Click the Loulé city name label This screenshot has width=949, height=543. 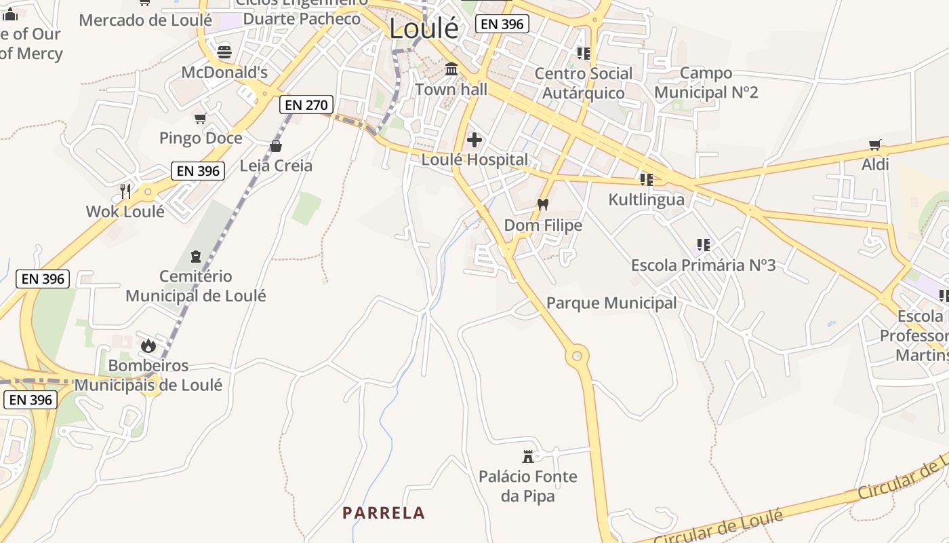click(424, 29)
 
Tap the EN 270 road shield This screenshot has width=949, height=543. click(306, 105)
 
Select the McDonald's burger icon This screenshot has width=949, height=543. click(224, 52)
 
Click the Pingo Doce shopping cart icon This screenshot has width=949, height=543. click(200, 119)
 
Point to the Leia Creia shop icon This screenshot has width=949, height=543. click(276, 146)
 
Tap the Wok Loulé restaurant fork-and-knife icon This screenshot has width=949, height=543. click(125, 191)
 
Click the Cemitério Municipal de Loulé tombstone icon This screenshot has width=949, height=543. click(196, 257)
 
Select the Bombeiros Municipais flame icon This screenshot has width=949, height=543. click(148, 345)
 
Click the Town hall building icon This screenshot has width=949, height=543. click(451, 69)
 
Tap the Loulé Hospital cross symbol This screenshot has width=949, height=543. click(474, 140)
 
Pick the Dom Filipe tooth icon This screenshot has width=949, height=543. click(542, 204)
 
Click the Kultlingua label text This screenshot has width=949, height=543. click(646, 200)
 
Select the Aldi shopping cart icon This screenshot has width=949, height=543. click(875, 145)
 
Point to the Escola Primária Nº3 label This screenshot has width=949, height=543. click(703, 265)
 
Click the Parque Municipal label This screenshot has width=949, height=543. click(611, 303)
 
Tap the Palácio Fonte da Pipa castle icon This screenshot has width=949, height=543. click(528, 456)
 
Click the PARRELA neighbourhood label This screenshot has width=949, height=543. click(384, 513)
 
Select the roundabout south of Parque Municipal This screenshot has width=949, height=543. click(577, 355)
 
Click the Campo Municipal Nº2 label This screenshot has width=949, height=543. click(706, 82)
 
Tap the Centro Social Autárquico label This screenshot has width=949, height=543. click(583, 83)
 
